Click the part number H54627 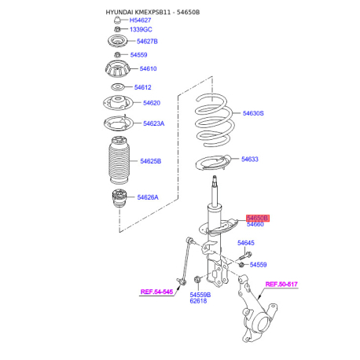click(140, 20)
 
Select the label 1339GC click(141, 30)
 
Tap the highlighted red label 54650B click(258, 218)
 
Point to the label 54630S click(253, 113)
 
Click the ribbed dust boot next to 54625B click(119, 160)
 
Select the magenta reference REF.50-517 click(281, 285)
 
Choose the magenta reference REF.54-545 click(156, 292)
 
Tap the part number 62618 click(198, 301)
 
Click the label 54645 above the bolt click(246, 243)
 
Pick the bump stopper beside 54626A click(118, 198)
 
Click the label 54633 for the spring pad click(250, 160)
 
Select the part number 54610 click(148, 68)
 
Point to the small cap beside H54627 click(117, 20)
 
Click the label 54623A click(153, 123)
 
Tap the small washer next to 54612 click(117, 86)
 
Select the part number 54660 click(255, 224)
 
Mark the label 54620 click(152, 103)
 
